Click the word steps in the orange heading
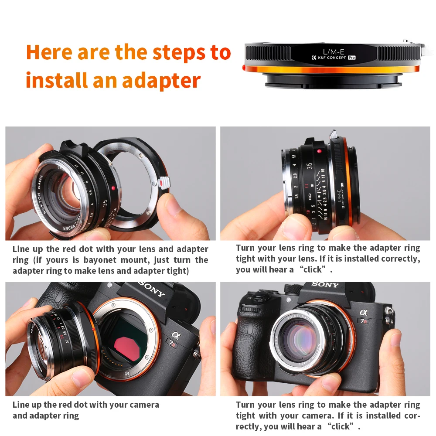pyautogui.click(x=177, y=52)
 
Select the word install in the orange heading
pyautogui.click(x=56, y=81)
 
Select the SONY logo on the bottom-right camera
pyautogui.click(x=325, y=285)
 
